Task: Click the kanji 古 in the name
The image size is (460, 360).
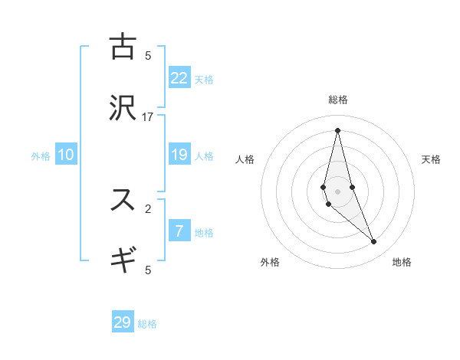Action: [123, 47]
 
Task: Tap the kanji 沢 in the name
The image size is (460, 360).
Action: [123, 108]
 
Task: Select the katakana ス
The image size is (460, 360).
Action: [123, 200]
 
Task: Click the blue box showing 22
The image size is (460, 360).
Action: [179, 77]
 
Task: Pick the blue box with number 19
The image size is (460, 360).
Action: [179, 155]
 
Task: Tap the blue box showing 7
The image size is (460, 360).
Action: [179, 231]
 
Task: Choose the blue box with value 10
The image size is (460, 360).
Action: [66, 155]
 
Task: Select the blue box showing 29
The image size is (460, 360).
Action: [123, 322]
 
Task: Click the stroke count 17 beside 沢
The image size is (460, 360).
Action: [148, 116]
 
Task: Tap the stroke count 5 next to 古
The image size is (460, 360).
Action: [148, 55]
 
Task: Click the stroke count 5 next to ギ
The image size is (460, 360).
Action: [148, 270]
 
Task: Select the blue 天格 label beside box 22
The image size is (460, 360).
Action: [204, 79]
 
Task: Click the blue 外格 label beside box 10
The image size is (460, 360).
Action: [41, 156]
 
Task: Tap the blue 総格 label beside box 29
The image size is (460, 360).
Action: [147, 324]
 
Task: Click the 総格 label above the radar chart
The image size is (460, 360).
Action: [338, 100]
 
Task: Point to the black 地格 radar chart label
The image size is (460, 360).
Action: [402, 262]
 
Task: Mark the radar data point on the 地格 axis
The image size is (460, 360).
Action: [374, 242]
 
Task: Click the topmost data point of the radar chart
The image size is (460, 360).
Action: [338, 130]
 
